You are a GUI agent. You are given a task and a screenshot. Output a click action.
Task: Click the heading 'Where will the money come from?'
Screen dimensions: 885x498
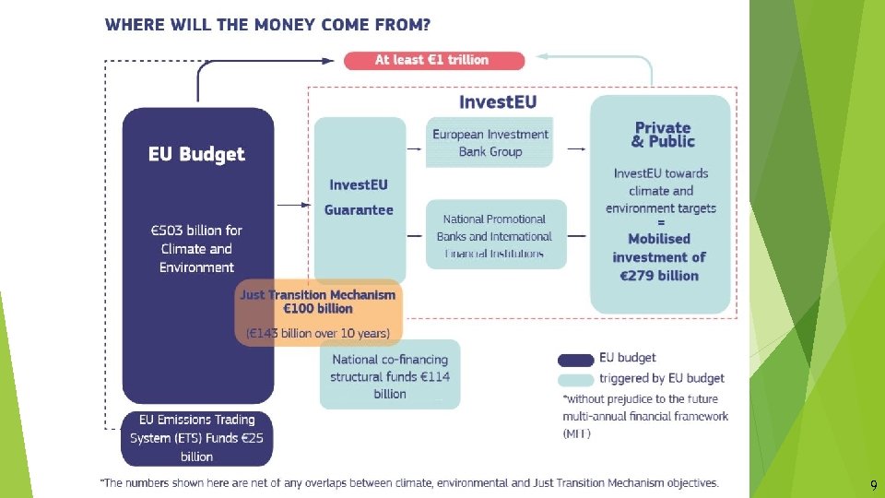267,25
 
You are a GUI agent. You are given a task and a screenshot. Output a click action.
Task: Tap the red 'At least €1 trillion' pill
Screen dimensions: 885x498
433,60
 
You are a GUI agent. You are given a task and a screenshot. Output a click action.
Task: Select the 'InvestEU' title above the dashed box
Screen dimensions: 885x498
497,101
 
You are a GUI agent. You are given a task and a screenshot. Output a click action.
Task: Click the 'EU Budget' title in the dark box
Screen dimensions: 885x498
197,154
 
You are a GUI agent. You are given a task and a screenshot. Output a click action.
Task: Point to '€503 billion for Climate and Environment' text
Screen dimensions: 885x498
197,249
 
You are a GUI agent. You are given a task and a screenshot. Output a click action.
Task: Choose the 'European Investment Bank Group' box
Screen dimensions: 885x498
490,143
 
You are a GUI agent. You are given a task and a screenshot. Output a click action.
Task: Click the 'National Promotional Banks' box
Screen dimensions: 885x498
495,235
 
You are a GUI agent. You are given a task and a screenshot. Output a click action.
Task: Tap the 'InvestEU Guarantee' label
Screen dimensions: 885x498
359,197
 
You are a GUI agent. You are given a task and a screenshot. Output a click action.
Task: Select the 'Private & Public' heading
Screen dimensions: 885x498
662,135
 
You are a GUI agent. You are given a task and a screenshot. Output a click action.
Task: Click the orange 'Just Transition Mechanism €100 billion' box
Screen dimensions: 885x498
318,302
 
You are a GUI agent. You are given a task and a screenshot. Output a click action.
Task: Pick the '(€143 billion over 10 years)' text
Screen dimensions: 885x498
319,332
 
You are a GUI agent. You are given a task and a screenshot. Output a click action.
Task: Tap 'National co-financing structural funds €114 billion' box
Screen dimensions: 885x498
390,376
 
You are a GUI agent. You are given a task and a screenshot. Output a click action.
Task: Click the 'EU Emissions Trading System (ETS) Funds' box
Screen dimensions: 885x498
197,438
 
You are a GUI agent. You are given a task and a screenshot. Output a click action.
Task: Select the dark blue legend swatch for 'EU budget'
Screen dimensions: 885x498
575,359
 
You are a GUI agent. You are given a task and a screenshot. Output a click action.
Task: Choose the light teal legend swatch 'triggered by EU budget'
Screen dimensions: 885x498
575,379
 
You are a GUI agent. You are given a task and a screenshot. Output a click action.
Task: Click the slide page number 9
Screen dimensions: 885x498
873,485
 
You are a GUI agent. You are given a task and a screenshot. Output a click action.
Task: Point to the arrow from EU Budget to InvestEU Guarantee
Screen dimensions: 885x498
294,204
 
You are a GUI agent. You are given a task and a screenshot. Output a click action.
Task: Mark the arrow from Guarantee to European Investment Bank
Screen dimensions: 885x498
416,147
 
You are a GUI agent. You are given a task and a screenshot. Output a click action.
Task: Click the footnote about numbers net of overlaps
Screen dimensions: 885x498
409,482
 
